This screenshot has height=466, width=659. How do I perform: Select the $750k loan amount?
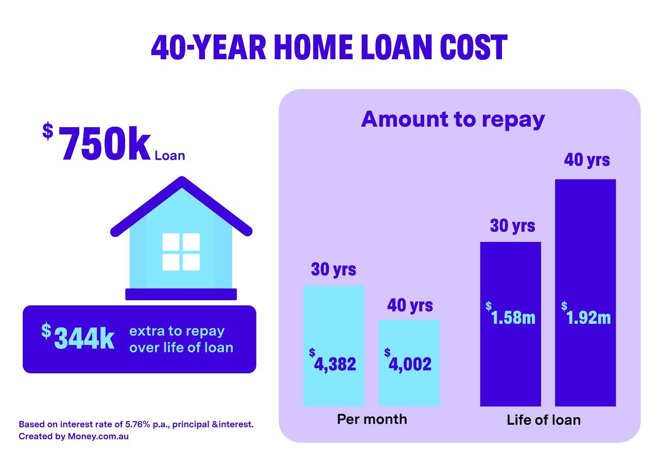106,146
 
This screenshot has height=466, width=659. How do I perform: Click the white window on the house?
181,252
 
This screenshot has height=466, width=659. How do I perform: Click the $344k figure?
82,338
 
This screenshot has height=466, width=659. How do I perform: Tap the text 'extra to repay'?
177,331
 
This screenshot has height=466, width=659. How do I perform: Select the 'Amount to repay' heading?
453,119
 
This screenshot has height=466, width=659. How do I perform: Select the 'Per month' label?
372,419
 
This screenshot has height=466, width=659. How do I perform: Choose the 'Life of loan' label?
544,420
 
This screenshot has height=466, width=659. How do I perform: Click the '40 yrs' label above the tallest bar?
587,160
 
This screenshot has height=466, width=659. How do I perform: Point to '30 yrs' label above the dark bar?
512,226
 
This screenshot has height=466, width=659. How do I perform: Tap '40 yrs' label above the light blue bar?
410,305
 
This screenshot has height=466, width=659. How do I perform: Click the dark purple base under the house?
181,294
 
